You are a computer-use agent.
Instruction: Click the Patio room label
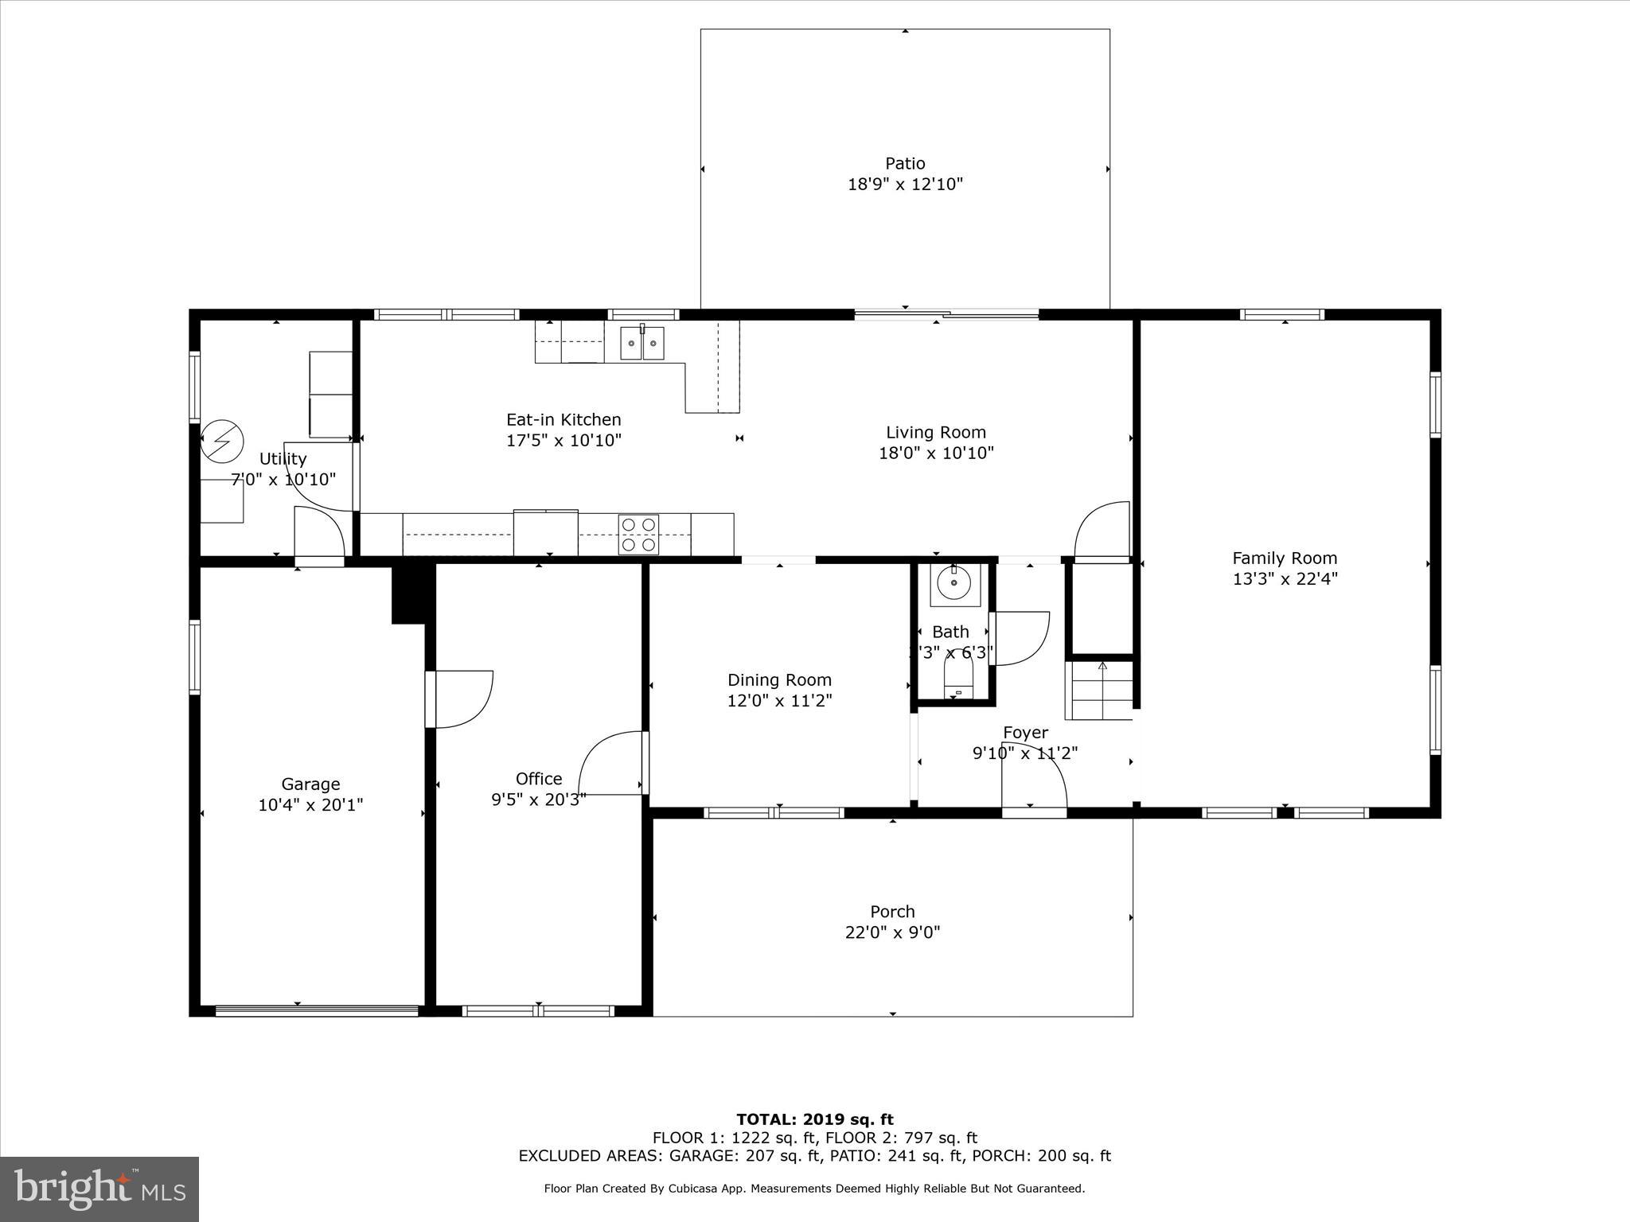[905, 164]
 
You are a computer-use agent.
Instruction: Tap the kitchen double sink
[642, 344]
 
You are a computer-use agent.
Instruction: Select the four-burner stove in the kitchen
[638, 534]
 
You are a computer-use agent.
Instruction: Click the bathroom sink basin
[954, 585]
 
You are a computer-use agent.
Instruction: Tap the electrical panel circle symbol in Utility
[221, 441]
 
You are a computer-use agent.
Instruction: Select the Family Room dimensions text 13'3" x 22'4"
[1285, 579]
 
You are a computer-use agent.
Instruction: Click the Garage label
[310, 784]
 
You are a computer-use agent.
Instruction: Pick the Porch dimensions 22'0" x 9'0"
[892, 932]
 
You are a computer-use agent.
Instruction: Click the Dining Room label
[779, 680]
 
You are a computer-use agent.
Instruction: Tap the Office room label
[539, 779]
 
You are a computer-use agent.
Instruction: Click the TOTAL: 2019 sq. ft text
[814, 1120]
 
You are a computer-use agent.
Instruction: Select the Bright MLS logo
[99, 1189]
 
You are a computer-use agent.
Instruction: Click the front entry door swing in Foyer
[1033, 776]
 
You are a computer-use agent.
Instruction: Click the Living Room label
[936, 433]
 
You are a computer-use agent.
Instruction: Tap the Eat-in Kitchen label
[563, 420]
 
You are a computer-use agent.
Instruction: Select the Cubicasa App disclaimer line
[814, 1189]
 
